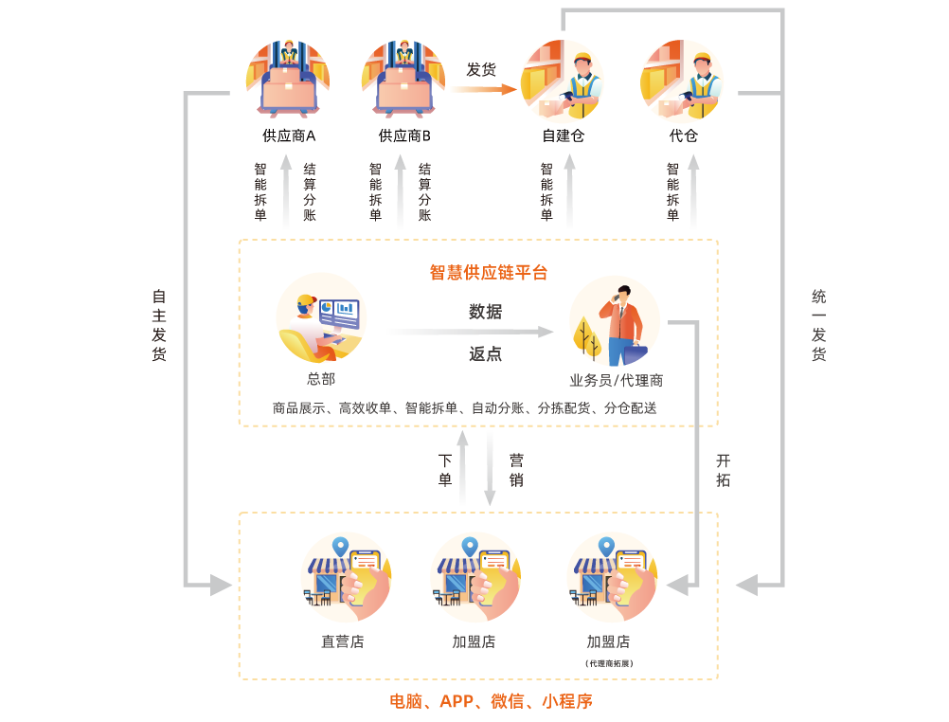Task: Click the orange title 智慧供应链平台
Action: pos(488,273)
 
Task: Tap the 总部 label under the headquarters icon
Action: pos(321,379)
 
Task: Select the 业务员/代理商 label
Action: pos(616,380)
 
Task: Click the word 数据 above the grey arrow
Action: pos(485,312)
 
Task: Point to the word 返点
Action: pos(485,354)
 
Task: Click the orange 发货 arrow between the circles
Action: pos(483,89)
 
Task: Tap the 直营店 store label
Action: pos(342,641)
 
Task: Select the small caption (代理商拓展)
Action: pos(608,663)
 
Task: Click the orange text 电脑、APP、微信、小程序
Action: pos(491,702)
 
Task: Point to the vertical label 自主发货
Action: pos(158,325)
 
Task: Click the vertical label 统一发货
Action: pos(818,325)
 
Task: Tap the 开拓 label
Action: pos(723,470)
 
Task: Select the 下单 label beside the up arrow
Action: pos(445,470)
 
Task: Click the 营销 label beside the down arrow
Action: pos(516,470)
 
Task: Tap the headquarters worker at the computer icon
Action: pos(321,318)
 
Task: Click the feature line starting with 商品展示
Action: pos(464,408)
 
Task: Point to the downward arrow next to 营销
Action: pos(490,468)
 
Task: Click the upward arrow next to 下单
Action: pos(463,468)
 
